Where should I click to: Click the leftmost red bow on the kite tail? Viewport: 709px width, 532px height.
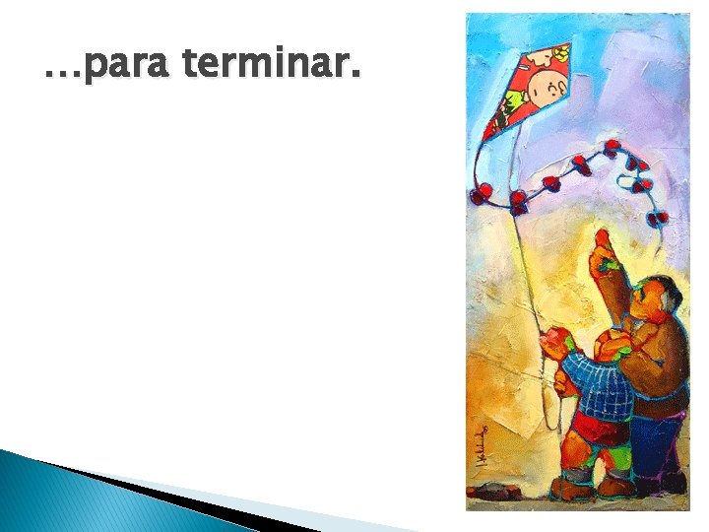(481, 194)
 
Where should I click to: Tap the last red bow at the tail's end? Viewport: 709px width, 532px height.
(658, 218)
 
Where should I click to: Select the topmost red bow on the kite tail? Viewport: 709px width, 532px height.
(612, 148)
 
